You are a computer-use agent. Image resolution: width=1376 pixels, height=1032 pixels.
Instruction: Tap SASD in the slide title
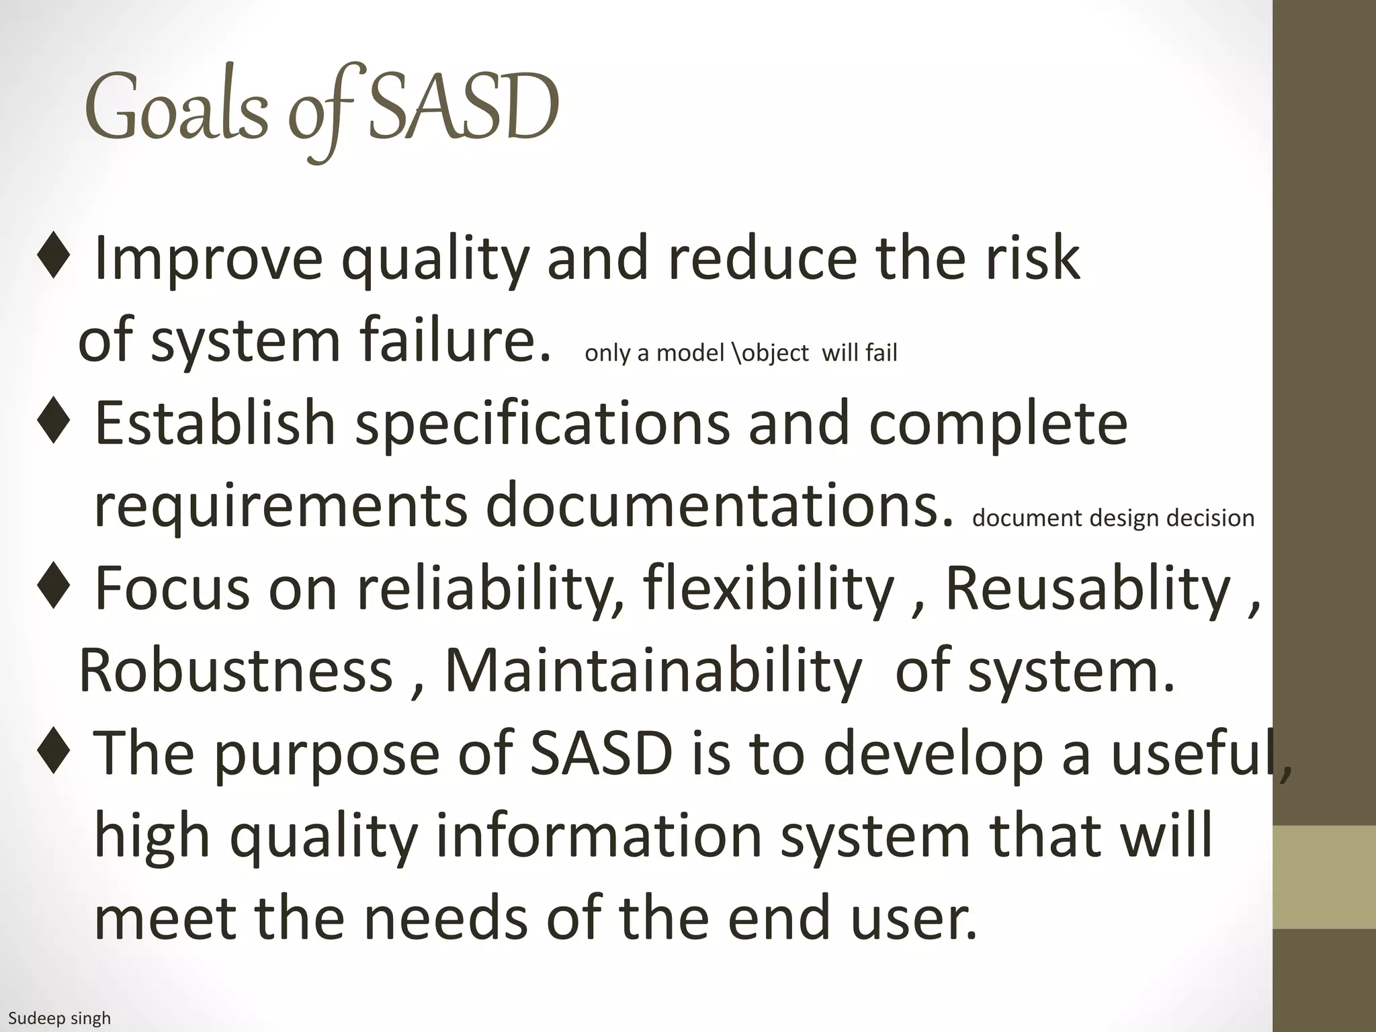(463, 107)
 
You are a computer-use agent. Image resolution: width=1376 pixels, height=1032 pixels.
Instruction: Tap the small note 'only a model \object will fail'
(740, 353)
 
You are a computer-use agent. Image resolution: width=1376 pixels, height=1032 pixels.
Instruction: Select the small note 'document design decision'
(1113, 518)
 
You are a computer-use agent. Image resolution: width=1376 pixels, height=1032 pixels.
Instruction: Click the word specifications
(542, 423)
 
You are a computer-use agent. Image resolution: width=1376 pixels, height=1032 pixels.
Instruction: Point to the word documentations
(718, 505)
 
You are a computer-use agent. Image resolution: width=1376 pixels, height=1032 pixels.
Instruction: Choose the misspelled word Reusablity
(1088, 588)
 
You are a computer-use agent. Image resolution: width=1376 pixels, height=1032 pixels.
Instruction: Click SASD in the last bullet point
(601, 752)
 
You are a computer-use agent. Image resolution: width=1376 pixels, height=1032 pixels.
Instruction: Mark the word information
(599, 835)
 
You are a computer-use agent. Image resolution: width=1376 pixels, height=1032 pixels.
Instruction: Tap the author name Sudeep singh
(59, 1019)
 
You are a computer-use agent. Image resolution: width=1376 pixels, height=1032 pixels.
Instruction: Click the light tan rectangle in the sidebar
(1324, 877)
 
